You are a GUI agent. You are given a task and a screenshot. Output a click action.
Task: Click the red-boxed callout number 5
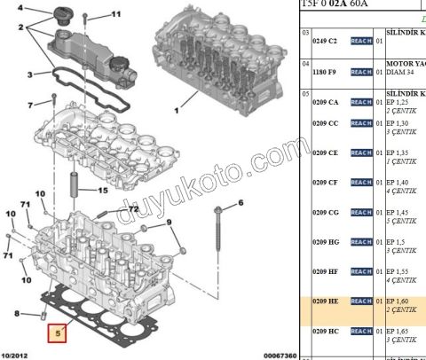(59, 334)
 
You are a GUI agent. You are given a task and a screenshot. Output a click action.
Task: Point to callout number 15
(103, 191)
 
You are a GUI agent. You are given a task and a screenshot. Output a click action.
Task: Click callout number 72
(134, 210)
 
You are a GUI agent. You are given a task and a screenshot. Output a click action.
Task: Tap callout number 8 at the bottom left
(17, 312)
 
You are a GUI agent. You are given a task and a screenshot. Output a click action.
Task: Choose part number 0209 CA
(326, 102)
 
